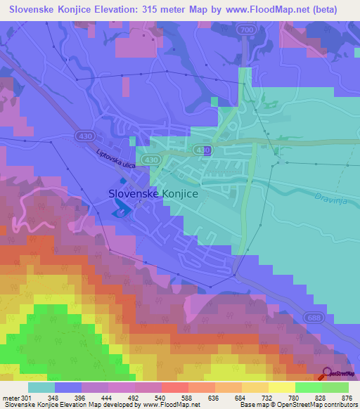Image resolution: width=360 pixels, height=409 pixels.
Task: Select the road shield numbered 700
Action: (x=246, y=30)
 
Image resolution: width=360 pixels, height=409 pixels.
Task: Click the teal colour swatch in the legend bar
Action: (x=41, y=387)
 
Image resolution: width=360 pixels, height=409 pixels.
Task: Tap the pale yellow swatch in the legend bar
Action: (x=282, y=387)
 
